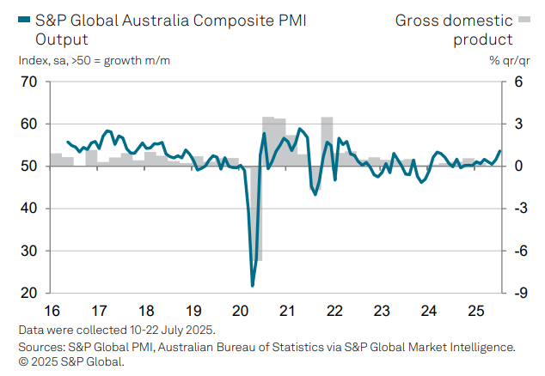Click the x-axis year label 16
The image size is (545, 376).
(52, 311)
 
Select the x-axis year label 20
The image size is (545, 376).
(241, 311)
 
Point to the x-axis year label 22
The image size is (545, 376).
(335, 311)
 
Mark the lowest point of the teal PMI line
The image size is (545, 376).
(253, 285)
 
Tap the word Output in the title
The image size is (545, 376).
(62, 39)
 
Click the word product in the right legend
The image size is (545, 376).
(483, 39)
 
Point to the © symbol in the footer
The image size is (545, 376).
(22, 361)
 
